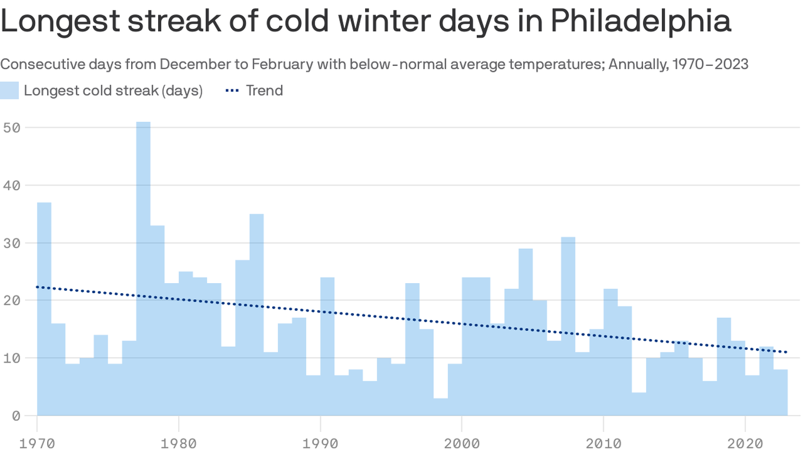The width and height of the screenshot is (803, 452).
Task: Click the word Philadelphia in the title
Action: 640,22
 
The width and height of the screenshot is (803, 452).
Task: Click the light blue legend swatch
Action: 9,91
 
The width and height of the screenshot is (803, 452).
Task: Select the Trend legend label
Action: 264,91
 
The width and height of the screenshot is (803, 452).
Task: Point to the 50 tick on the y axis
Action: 11,127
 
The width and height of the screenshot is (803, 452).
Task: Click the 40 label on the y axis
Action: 11,185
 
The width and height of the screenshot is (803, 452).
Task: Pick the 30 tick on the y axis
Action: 11,242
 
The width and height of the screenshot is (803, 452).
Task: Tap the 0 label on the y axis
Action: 15,416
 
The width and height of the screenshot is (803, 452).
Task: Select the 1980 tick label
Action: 179,441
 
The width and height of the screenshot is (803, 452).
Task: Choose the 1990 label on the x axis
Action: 320,441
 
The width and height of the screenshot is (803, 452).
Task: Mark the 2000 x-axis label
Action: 462,441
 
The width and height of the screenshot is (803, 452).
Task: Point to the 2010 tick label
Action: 604,441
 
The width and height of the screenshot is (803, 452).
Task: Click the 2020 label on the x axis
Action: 745,441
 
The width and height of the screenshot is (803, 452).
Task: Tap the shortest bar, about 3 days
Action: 441,407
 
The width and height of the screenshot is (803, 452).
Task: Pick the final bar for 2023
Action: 781,393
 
